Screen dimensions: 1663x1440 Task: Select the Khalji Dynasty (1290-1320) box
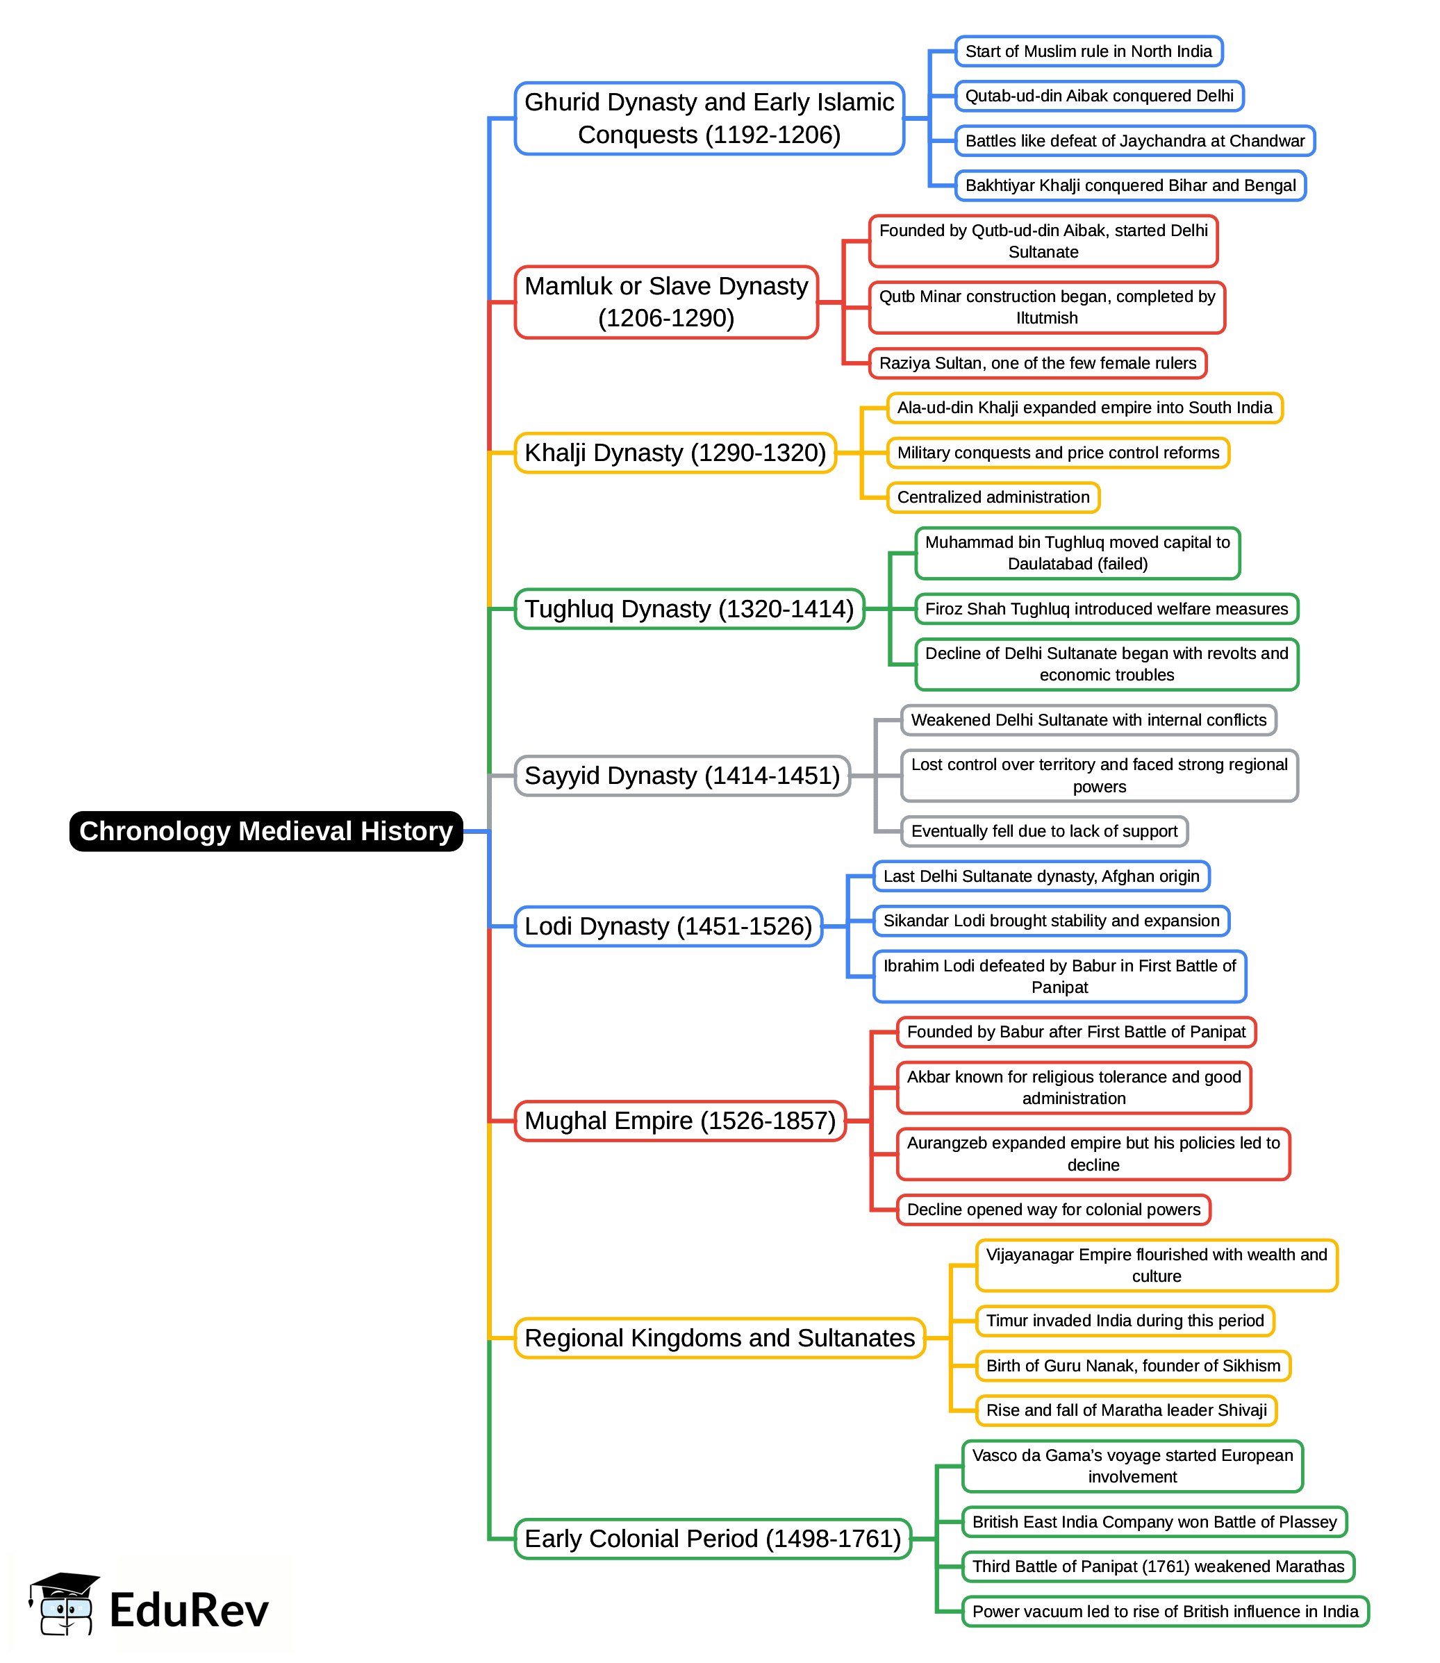pyautogui.click(x=675, y=453)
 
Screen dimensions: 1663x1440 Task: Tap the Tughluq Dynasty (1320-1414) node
pyautogui.click(x=688, y=609)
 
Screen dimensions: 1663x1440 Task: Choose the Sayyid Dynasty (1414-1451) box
pyautogui.click(x=681, y=776)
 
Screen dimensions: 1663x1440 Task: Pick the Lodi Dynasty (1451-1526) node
pyautogui.click(x=668, y=926)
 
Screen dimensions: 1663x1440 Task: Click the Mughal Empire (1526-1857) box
pyautogui.click(x=680, y=1121)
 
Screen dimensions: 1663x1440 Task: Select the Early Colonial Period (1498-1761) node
pyautogui.click(x=712, y=1539)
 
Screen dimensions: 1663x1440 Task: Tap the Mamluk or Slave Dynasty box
pyautogui.click(x=666, y=302)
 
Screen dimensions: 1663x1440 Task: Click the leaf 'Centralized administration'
pyautogui.click(x=993, y=497)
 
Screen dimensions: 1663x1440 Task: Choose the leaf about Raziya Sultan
pyautogui.click(x=1037, y=363)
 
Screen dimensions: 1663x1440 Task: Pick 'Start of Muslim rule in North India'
pyautogui.click(x=1088, y=51)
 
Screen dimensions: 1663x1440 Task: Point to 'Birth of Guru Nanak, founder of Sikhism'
pyautogui.click(x=1133, y=1366)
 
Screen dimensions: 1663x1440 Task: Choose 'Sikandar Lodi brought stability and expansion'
pyautogui.click(x=1051, y=921)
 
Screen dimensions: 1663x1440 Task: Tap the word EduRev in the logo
pyautogui.click(x=189, y=1610)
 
